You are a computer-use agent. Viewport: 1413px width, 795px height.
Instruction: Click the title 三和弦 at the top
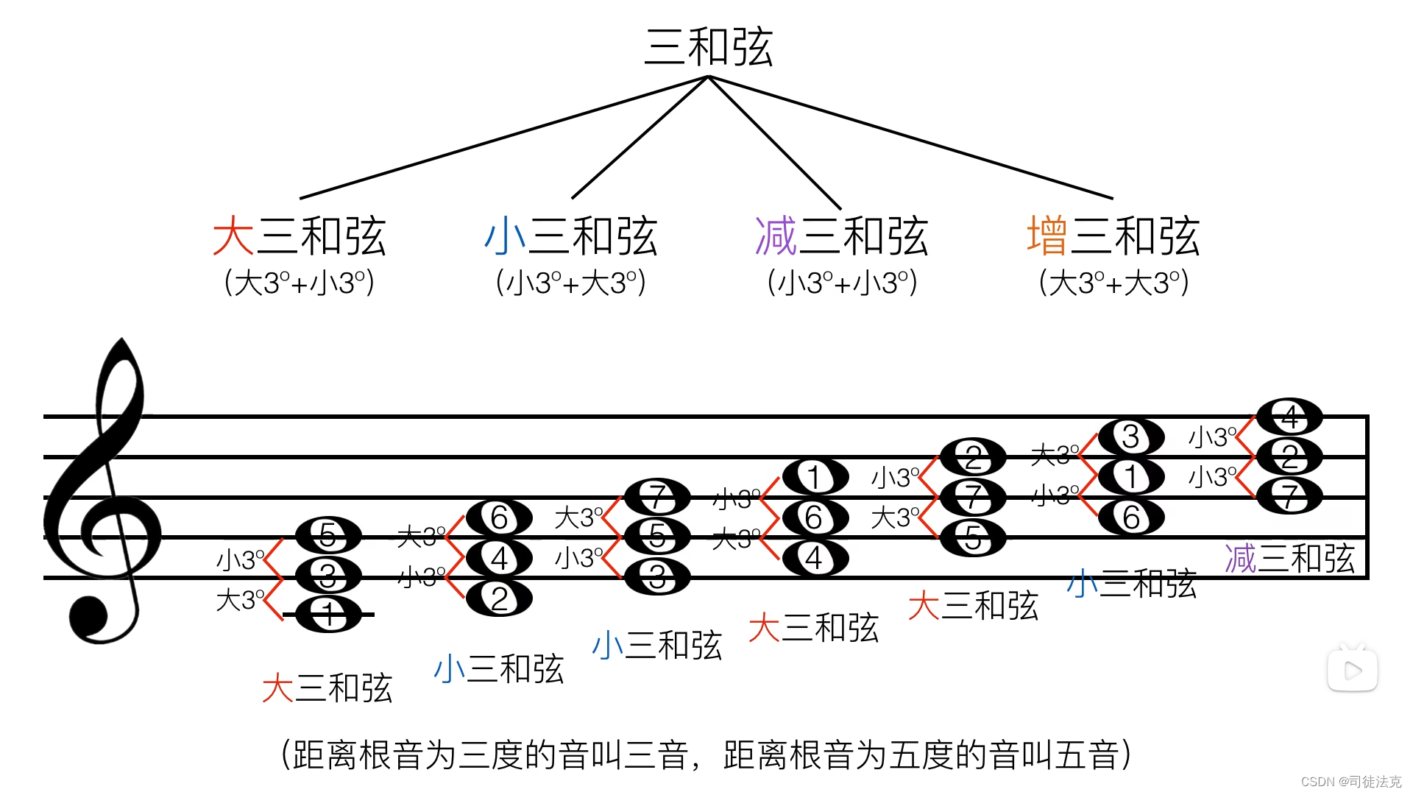click(x=708, y=47)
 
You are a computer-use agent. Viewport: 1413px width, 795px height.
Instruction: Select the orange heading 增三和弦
click(x=1113, y=236)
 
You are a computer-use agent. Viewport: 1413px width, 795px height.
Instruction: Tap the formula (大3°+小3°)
click(x=300, y=283)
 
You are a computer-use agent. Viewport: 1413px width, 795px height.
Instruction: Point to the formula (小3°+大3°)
click(x=571, y=283)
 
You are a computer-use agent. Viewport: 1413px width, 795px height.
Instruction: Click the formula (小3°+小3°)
click(x=842, y=283)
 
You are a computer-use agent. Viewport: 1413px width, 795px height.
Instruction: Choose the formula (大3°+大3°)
click(x=1113, y=283)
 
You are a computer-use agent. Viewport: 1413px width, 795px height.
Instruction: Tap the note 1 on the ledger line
click(x=328, y=615)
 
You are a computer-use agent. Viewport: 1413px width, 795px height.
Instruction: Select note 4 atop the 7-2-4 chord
click(x=1289, y=417)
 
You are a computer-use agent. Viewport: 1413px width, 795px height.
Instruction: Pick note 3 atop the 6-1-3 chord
click(x=1131, y=437)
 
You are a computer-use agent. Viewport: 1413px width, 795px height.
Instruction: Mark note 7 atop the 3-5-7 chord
click(x=657, y=497)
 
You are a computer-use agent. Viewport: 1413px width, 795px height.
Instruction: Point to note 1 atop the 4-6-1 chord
click(x=815, y=477)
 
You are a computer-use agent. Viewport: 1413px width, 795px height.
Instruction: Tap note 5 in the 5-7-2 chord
click(x=973, y=538)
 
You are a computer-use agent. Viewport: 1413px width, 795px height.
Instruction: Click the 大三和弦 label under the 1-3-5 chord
click(x=327, y=688)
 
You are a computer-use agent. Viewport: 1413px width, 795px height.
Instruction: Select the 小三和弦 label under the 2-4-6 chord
click(x=498, y=669)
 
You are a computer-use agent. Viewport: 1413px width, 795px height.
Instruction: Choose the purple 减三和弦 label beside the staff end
click(x=1289, y=558)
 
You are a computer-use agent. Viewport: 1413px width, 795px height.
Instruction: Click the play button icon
click(x=1352, y=670)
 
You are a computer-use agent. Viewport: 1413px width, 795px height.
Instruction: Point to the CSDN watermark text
click(x=1350, y=782)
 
